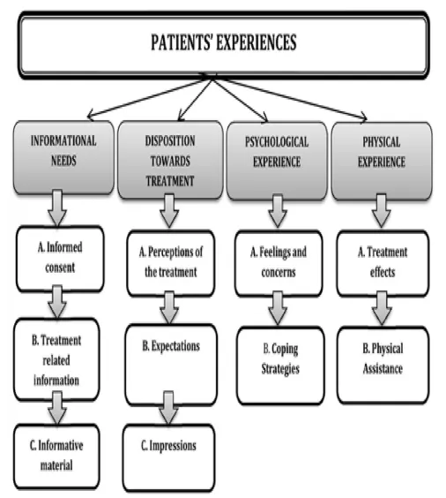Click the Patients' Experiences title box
point(224,45)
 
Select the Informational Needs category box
point(63,157)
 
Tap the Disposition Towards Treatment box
point(170,160)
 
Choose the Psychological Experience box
point(277,161)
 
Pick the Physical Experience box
point(382,161)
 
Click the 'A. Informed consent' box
point(60,259)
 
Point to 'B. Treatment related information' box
point(56,359)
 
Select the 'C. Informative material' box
point(56,456)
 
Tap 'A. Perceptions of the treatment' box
point(170,263)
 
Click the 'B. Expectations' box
point(171,365)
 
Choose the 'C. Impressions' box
point(168,458)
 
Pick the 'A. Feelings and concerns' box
point(279,263)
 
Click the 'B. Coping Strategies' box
point(280,366)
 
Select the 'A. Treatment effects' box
point(383,263)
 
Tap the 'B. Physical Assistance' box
point(383,365)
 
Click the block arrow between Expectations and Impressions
point(168,408)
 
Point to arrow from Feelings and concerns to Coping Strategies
point(278,308)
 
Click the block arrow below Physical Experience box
point(381,211)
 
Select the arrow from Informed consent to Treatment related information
point(57,302)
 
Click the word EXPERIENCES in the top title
point(256,42)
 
